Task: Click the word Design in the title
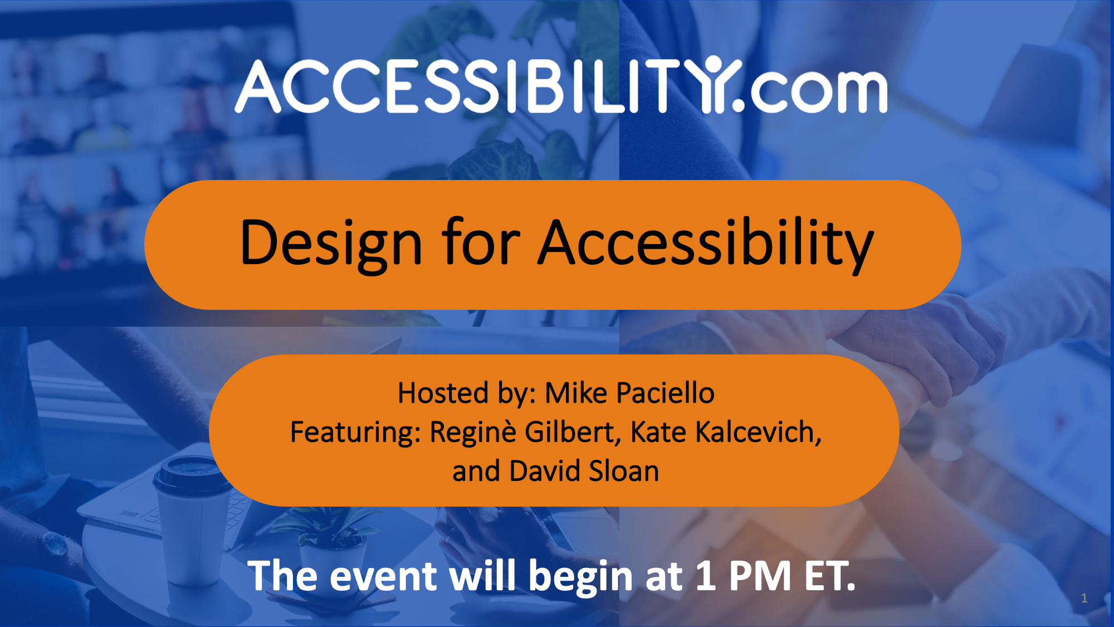331,244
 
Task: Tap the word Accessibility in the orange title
706,244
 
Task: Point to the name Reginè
473,432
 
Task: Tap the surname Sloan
624,471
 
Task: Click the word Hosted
435,393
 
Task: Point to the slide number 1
1084,598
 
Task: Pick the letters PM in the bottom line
760,576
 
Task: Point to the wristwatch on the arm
56,543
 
